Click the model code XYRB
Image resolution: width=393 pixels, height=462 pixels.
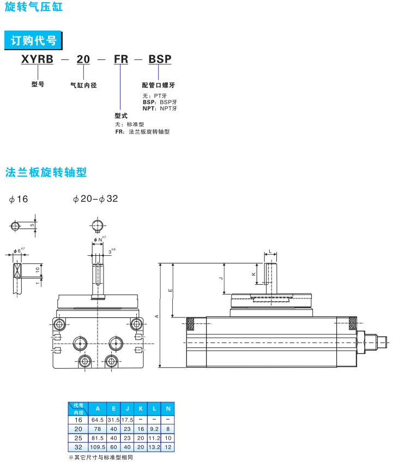37,59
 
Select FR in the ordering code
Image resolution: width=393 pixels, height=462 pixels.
120,59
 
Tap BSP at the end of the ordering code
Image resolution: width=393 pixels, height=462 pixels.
160,59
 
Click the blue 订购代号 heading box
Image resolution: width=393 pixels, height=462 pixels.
33,40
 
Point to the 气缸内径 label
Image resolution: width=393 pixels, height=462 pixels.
83,85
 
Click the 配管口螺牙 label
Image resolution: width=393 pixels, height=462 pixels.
158,85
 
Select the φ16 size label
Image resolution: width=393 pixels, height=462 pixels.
19,199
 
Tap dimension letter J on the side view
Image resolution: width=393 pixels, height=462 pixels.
220,279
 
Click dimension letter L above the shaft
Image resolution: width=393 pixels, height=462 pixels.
270,252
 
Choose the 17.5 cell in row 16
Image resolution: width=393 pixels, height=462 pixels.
128,420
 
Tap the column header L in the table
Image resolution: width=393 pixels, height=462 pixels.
154,409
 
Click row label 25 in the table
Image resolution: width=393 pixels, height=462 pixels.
78,437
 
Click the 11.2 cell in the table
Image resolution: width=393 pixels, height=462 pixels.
154,437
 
